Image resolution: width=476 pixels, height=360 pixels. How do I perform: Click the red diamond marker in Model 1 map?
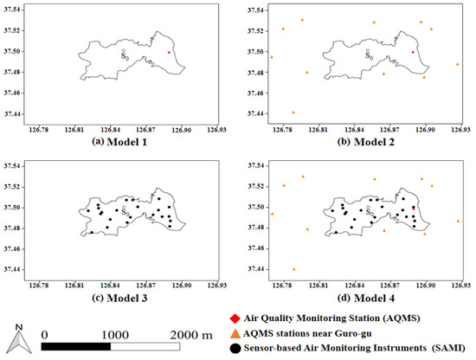coord(169,52)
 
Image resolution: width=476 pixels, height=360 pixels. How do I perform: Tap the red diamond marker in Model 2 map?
coord(413,52)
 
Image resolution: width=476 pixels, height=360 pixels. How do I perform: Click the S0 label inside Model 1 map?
coord(126,54)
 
